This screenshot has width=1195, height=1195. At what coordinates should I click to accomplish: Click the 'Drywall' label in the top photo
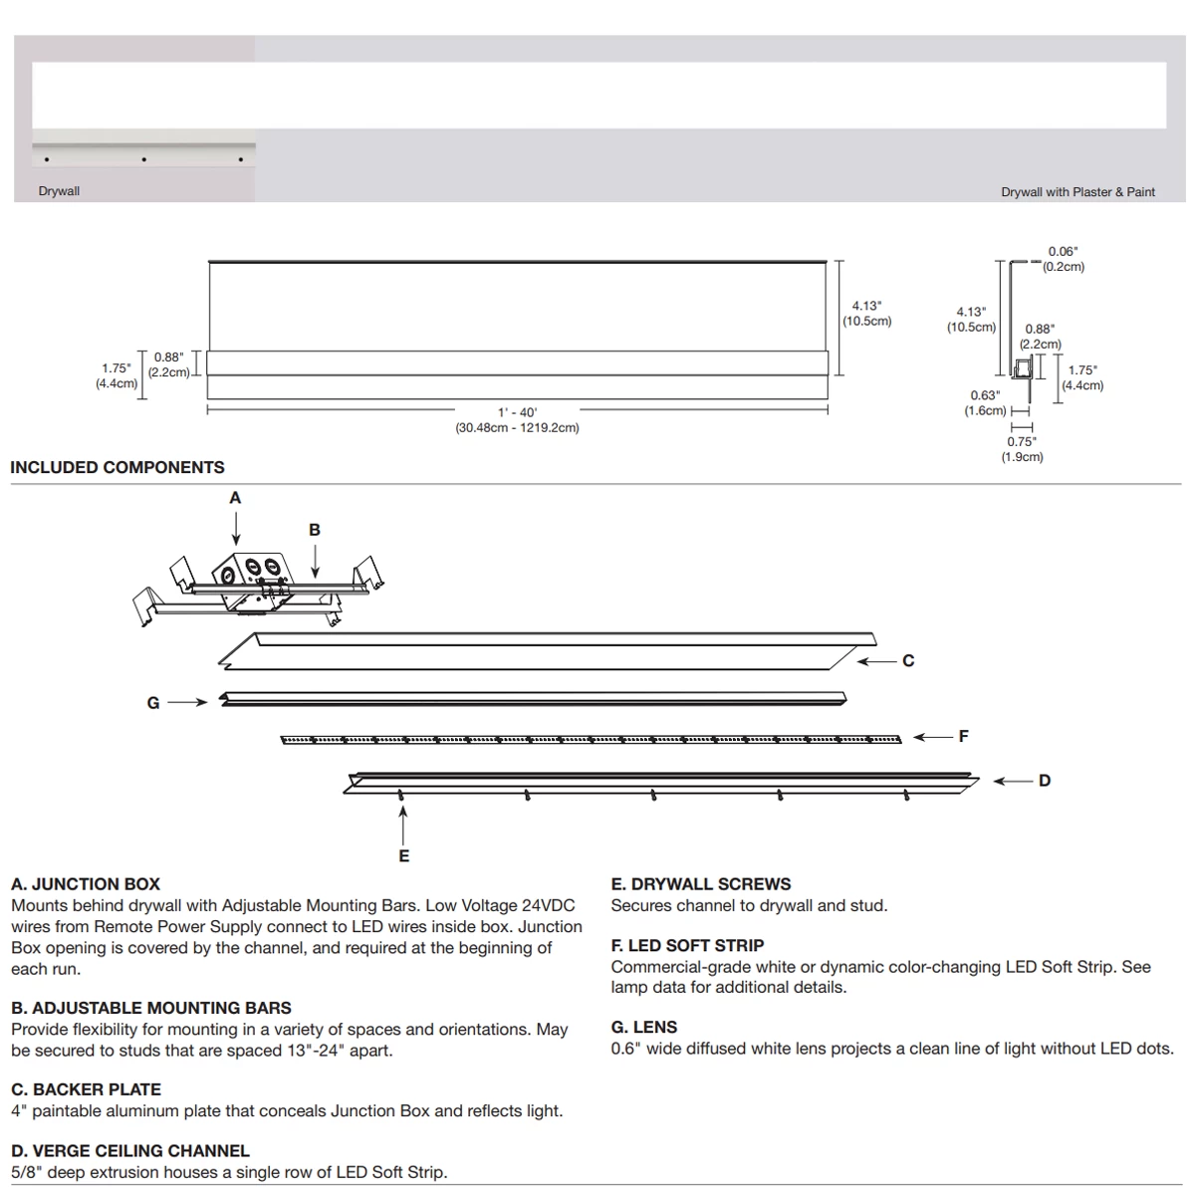(59, 191)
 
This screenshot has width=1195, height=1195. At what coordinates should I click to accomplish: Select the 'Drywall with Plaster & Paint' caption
(1077, 192)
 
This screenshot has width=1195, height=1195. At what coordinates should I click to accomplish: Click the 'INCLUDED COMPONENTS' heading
(118, 467)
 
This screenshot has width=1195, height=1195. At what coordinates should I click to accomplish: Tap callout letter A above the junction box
(235, 498)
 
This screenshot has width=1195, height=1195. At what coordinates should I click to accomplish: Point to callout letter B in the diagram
(315, 530)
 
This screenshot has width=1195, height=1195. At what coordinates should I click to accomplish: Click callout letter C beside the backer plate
(908, 660)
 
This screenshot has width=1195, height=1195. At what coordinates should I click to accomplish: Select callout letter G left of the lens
(153, 703)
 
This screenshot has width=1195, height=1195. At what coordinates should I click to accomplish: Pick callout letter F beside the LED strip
(963, 737)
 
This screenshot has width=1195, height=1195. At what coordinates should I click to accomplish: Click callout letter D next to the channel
(1044, 781)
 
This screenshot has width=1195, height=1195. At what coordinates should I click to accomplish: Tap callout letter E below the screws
(403, 855)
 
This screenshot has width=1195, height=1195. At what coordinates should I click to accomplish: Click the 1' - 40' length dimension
(518, 412)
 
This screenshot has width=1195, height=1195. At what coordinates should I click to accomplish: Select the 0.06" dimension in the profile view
(1063, 253)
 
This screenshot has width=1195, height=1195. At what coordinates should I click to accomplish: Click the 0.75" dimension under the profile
(1022, 441)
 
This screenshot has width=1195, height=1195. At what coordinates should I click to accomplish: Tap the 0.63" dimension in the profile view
(985, 395)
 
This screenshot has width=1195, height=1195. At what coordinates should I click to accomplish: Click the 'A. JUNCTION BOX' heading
(86, 884)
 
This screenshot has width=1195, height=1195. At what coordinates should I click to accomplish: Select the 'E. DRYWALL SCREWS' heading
(701, 884)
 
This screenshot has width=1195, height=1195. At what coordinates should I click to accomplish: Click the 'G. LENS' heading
(643, 1027)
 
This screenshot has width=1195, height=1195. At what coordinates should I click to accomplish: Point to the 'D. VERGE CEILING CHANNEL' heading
(130, 1151)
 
